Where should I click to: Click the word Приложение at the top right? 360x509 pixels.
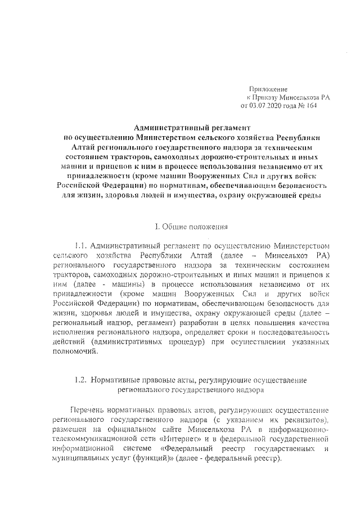click(x=268, y=89)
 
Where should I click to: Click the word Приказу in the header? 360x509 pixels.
click(x=267, y=97)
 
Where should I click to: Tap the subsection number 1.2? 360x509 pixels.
click(x=80, y=380)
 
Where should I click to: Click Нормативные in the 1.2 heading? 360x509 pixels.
click(x=116, y=380)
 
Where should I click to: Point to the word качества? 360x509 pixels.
click(x=313, y=322)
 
